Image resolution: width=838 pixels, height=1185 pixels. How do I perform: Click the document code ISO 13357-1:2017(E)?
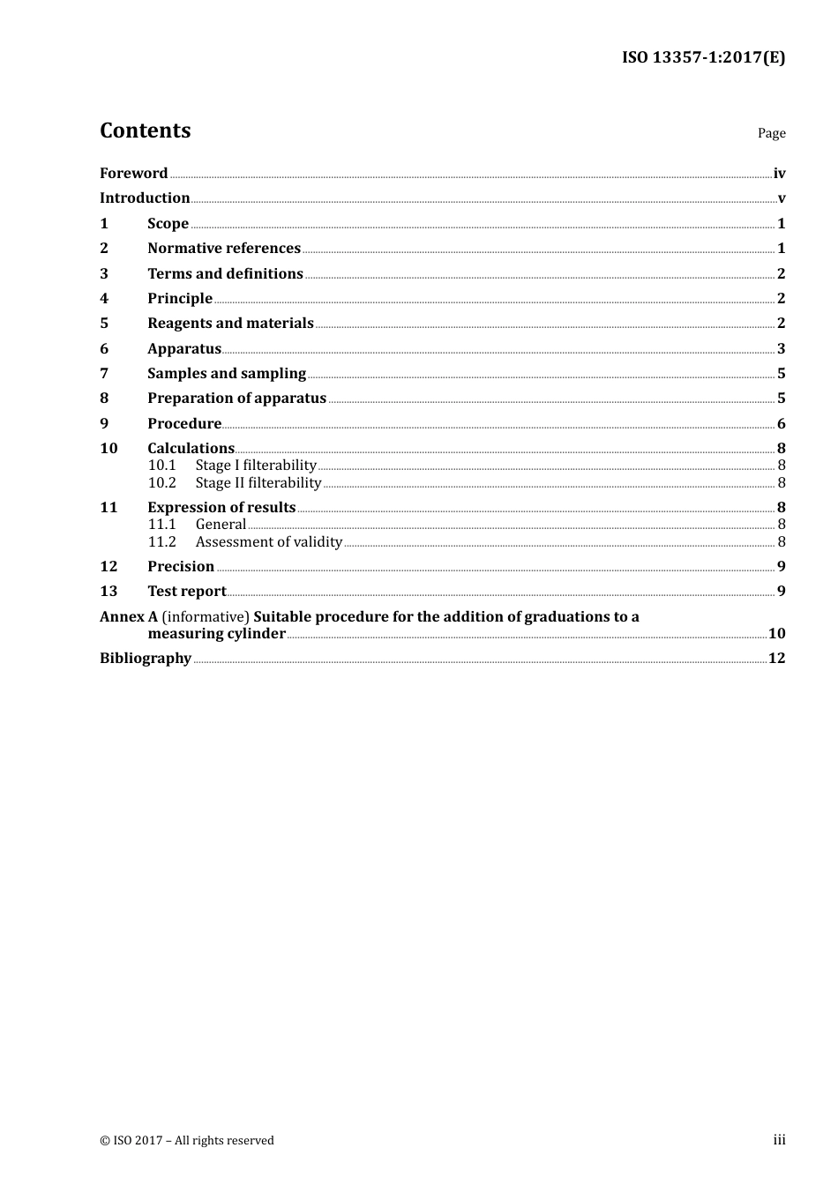(703, 57)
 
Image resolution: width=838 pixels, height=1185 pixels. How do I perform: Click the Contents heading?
(145, 130)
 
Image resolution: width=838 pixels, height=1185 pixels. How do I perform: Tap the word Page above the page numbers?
(771, 133)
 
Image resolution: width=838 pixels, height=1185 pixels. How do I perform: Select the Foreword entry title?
(133, 173)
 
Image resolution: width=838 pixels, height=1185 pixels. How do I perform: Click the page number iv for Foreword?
(779, 174)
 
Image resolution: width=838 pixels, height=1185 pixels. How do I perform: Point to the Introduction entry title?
(145, 197)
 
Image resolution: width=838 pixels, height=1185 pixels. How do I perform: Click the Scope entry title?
(168, 223)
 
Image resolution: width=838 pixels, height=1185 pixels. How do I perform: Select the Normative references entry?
(224, 248)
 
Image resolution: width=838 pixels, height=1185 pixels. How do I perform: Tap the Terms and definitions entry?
(225, 273)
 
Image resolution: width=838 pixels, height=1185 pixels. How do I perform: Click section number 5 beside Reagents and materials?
(104, 323)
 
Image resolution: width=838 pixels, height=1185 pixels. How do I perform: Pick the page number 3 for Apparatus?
(781, 348)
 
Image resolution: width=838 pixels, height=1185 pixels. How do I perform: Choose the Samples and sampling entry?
(227, 373)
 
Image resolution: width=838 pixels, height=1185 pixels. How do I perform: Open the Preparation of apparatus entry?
(236, 398)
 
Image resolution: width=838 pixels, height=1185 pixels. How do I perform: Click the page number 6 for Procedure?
(781, 423)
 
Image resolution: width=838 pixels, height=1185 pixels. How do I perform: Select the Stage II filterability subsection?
(258, 482)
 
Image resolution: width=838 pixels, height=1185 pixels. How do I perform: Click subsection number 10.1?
(162, 465)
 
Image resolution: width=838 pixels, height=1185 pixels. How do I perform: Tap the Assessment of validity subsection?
(269, 541)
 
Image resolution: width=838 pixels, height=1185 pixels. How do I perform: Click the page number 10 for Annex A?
(776, 633)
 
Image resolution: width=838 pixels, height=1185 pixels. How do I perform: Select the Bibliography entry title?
(146, 658)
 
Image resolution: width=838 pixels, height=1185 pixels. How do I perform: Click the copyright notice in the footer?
(187, 1140)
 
